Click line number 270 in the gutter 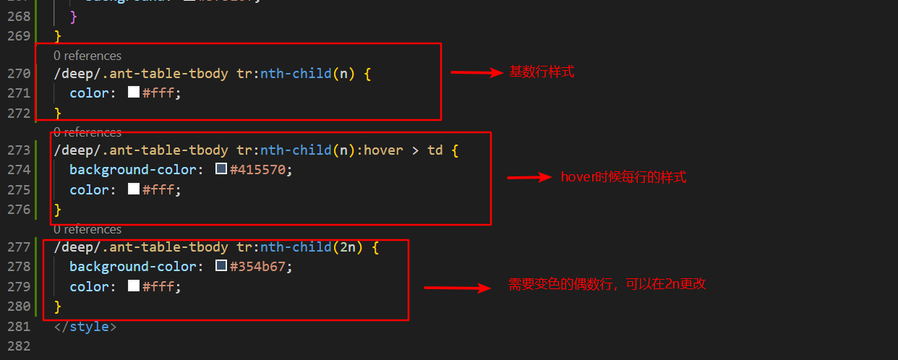tap(19, 73)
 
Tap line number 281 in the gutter tap(19, 326)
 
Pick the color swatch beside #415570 tap(221, 169)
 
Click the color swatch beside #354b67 tap(221, 266)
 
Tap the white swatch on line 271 tap(134, 93)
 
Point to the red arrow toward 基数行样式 tap(476, 72)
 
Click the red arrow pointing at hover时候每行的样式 tap(529, 177)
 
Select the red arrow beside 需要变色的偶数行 tap(457, 288)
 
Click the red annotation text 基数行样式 tap(542, 72)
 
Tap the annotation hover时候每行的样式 tap(623, 177)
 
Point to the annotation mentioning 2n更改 tap(607, 285)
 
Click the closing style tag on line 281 tap(85, 326)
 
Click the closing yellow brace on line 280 tap(58, 307)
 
